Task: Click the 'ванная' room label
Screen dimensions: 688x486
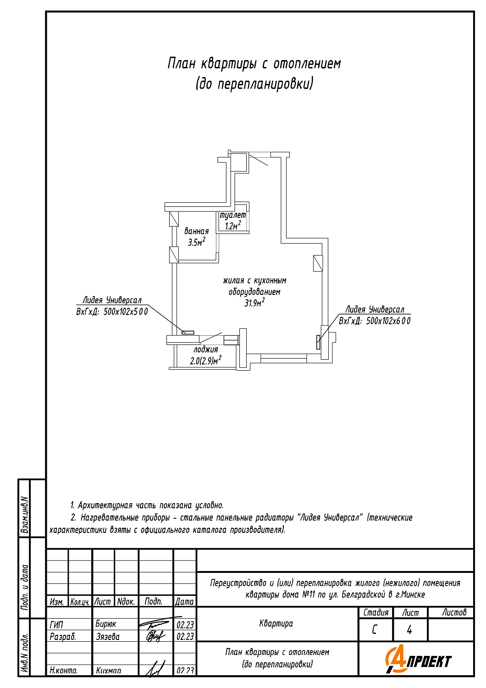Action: coord(196,231)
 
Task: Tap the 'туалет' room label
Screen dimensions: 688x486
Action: coord(233,215)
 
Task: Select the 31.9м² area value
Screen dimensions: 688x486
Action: coord(254,303)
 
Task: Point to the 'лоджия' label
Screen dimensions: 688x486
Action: coord(205,350)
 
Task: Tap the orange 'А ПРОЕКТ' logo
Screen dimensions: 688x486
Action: coord(418,660)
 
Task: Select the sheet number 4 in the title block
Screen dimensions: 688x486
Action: coord(409,630)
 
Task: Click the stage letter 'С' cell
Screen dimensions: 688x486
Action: coord(375,630)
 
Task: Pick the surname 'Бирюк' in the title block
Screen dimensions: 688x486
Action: coord(106,624)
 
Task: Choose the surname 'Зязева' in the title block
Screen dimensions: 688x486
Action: coord(108,637)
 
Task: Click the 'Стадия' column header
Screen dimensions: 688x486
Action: coord(376,613)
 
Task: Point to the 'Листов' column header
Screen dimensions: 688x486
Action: coord(454,613)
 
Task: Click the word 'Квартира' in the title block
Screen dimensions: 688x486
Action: coord(276,623)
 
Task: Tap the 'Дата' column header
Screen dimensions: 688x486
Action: coord(184,601)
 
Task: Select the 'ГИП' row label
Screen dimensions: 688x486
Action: coord(57,625)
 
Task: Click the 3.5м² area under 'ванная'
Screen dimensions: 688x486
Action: coord(196,242)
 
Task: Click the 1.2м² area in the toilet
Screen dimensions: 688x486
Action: coord(233,225)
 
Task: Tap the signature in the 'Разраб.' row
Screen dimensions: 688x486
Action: coord(155,636)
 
